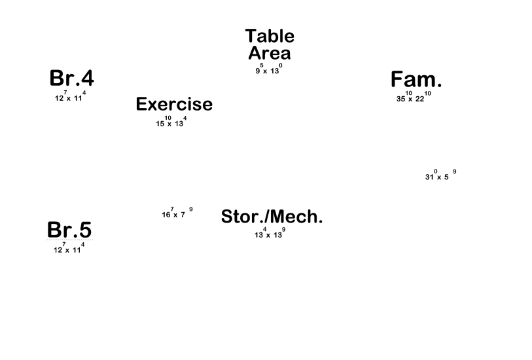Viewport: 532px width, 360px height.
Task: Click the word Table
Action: (270, 36)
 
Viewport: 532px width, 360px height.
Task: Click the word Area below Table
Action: (270, 53)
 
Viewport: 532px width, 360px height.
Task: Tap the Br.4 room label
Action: (71, 79)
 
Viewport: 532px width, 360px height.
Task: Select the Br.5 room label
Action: (69, 229)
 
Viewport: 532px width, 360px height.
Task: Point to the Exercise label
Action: (174, 104)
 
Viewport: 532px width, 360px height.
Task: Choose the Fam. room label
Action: (416, 80)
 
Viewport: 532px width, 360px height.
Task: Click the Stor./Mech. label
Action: (272, 217)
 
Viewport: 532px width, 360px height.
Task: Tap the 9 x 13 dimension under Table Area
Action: (268, 70)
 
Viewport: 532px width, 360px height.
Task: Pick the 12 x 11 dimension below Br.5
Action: (69, 249)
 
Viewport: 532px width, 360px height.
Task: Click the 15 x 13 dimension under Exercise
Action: (171, 122)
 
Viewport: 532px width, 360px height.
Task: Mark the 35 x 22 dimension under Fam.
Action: (414, 98)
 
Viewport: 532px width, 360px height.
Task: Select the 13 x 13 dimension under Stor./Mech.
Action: (269, 234)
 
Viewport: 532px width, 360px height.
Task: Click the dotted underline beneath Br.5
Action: (69, 240)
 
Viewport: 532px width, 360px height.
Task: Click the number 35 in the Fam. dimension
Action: (401, 99)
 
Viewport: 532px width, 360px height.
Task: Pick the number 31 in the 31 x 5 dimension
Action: (429, 177)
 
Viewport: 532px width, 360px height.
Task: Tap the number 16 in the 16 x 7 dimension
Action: (166, 215)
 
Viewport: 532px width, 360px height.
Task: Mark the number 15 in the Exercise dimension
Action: (160, 124)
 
